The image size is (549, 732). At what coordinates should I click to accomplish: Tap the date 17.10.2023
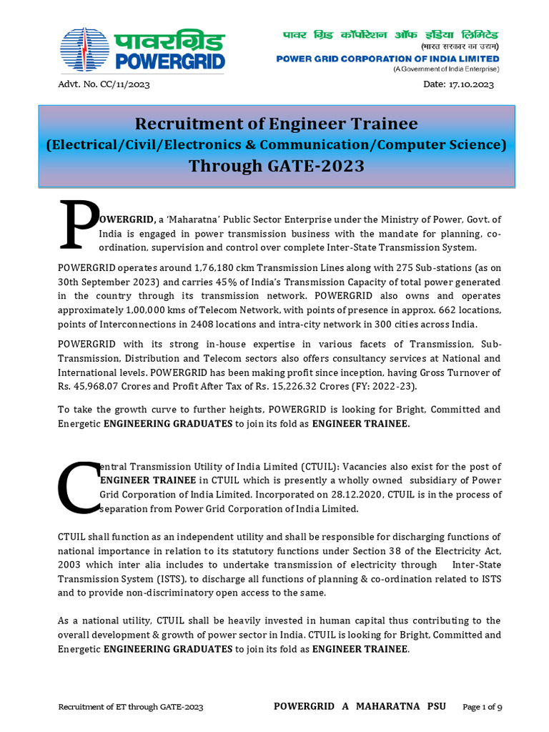pos(471,85)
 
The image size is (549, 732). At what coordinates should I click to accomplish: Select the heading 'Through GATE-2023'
pos(276,166)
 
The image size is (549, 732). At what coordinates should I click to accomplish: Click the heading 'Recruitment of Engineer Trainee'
pos(276,124)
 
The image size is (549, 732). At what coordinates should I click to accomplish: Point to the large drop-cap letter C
pos(78,487)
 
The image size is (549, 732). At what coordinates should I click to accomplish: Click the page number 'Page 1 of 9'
pos(483,707)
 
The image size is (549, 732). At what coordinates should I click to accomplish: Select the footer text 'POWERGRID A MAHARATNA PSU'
pos(360,706)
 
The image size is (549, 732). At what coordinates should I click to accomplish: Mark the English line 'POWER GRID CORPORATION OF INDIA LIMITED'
pos(388,59)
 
